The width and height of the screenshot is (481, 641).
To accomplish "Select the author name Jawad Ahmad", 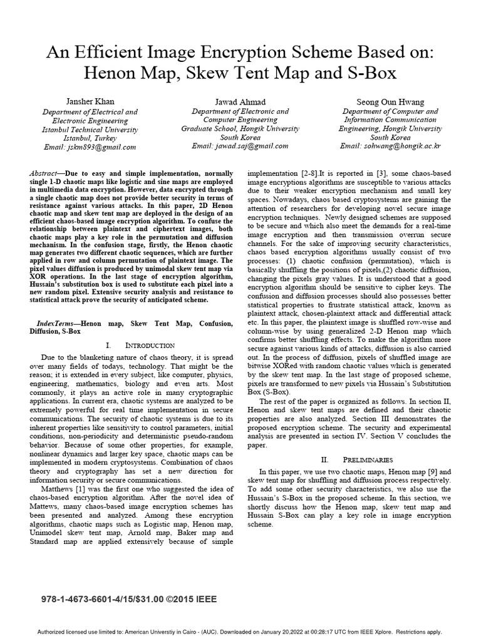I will (x=240, y=101).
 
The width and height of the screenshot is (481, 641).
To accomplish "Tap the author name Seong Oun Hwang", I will (x=390, y=101).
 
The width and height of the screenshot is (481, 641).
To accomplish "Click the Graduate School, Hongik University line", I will (x=240, y=128).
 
